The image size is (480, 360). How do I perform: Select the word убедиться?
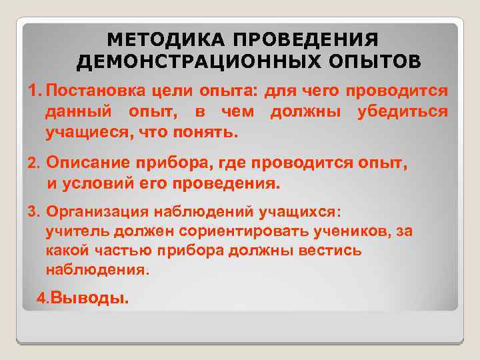(402, 111)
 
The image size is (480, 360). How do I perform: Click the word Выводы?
(89, 299)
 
